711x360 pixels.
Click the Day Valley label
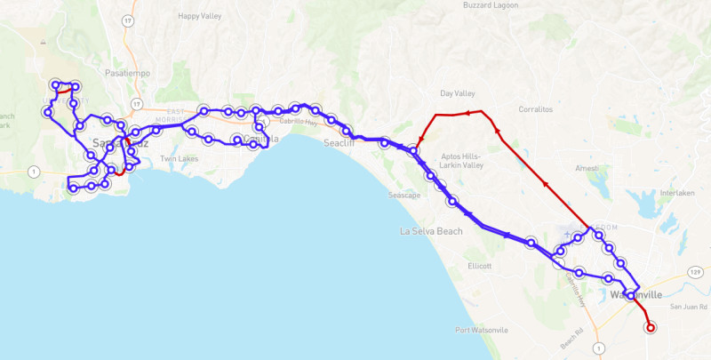click(458, 93)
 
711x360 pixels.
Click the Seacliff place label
click(339, 143)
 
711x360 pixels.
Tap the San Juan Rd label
click(686, 307)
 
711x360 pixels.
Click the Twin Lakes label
click(179, 159)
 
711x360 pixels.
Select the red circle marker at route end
click(650, 327)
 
